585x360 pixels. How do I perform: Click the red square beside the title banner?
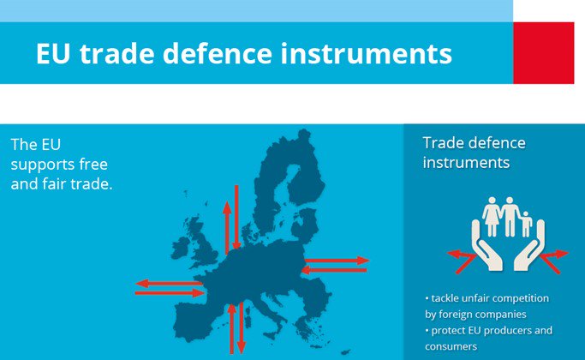click(543, 52)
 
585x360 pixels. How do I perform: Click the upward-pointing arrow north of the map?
click(227, 226)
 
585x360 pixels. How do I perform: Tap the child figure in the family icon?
click(526, 224)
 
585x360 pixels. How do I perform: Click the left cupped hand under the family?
click(483, 249)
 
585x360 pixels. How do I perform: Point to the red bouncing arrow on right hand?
click(553, 256)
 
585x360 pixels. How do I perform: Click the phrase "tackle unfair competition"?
click(487, 297)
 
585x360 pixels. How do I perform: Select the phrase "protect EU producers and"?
click(488, 330)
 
